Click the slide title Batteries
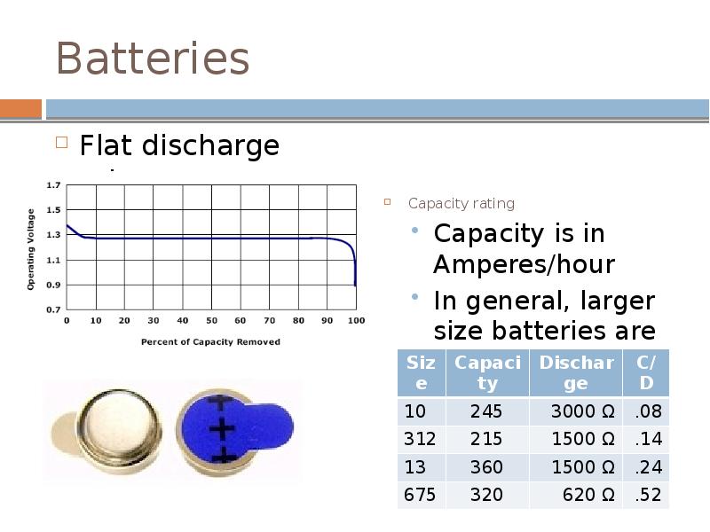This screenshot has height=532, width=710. click(x=152, y=59)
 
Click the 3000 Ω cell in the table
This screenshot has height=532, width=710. click(x=582, y=411)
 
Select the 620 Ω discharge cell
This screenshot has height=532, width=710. click(x=588, y=495)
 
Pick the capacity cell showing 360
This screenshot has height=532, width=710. click(x=486, y=467)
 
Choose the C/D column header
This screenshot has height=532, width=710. click(x=646, y=372)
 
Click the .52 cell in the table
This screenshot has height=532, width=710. click(x=648, y=495)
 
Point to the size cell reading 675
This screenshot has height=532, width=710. click(x=420, y=495)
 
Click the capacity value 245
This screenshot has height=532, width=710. click(x=486, y=411)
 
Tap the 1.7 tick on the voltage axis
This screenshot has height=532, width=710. click(x=54, y=185)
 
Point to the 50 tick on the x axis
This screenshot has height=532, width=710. click(x=211, y=321)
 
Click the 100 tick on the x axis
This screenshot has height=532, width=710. click(x=355, y=321)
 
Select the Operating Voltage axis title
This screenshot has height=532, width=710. click(x=32, y=249)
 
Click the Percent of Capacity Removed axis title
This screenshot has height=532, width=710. click(x=210, y=341)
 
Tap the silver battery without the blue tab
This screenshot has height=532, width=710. click(x=119, y=431)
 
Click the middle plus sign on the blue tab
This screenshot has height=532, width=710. click(x=219, y=430)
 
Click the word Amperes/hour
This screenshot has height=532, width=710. click(x=524, y=264)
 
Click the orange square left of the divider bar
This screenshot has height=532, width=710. click(x=20, y=109)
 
